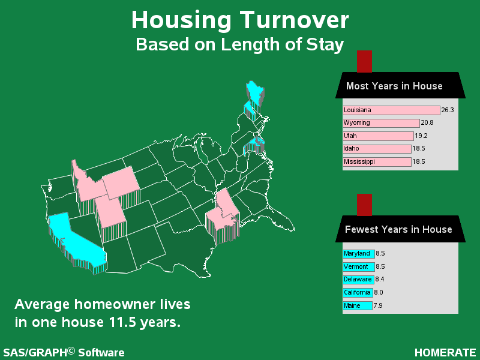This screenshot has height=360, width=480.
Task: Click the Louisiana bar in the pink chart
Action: (392, 110)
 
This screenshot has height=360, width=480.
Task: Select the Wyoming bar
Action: (381, 123)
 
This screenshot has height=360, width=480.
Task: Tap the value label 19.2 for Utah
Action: (421, 136)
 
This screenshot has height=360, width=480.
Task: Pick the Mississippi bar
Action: (377, 161)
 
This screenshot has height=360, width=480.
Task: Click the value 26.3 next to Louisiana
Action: (448, 110)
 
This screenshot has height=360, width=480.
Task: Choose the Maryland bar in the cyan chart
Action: (359, 254)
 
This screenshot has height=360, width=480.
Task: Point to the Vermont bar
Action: (359, 266)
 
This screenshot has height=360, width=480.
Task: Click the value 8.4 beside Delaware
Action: (380, 279)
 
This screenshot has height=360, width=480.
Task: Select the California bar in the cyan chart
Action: (358, 293)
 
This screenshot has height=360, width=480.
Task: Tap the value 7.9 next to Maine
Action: (378, 305)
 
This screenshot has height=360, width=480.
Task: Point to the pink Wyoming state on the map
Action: (121, 183)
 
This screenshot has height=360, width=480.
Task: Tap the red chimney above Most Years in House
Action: (364, 62)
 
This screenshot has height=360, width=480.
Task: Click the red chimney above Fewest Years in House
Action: (364, 205)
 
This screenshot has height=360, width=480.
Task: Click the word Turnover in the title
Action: (294, 20)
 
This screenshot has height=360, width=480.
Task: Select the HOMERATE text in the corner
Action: (445, 353)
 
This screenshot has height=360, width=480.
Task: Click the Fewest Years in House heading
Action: (398, 229)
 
